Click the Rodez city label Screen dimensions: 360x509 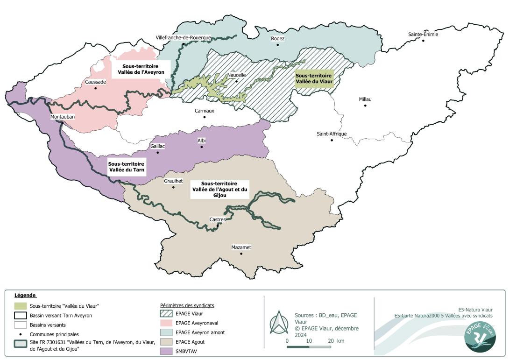pyautogui.click(x=277, y=39)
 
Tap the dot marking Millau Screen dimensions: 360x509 pyautogui.click(x=365, y=106)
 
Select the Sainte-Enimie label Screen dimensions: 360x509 pyautogui.click(x=423, y=34)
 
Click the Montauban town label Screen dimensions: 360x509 pyautogui.click(x=63, y=117)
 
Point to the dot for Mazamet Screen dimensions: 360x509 pyautogui.click(x=241, y=254)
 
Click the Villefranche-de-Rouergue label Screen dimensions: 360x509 pyautogui.click(x=183, y=38)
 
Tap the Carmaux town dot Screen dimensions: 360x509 pyautogui.click(x=204, y=117)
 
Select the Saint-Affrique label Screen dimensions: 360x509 pyautogui.click(x=332, y=134)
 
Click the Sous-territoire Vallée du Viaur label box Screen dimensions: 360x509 pyautogui.click(x=313, y=78)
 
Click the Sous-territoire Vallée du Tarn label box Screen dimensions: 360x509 pyautogui.click(x=126, y=167)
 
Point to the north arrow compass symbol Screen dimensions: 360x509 pyautogui.click(x=279, y=323)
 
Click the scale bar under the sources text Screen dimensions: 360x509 pyautogui.click(x=309, y=347)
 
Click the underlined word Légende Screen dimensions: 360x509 pyautogui.click(x=25, y=296)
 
